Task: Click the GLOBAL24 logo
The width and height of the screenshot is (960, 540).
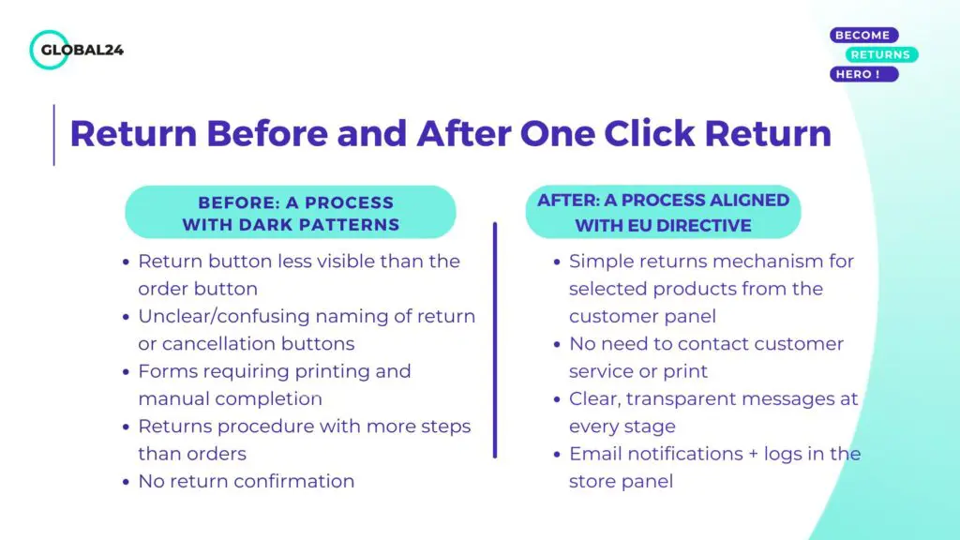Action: pyautogui.click(x=77, y=50)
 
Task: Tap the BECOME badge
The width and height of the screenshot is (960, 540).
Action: pyautogui.click(x=863, y=35)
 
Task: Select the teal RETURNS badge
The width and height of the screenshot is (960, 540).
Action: pyautogui.click(x=881, y=54)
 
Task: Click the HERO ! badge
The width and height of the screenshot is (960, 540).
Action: pyautogui.click(x=863, y=74)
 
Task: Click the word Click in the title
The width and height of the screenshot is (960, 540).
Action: pyautogui.click(x=650, y=133)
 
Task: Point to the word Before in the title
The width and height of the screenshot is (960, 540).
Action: pyautogui.click(x=267, y=133)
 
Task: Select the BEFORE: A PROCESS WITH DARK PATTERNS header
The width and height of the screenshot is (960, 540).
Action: pyautogui.click(x=291, y=213)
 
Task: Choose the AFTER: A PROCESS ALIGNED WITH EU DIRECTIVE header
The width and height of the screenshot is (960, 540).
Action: pyautogui.click(x=663, y=213)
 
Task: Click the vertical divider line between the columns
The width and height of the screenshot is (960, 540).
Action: pyautogui.click(x=495, y=340)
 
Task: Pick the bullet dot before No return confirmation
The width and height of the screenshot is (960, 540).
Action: pyautogui.click(x=126, y=482)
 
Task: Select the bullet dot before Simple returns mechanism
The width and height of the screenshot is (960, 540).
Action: pyautogui.click(x=557, y=262)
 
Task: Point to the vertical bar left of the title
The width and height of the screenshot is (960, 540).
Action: pyautogui.click(x=53, y=135)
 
